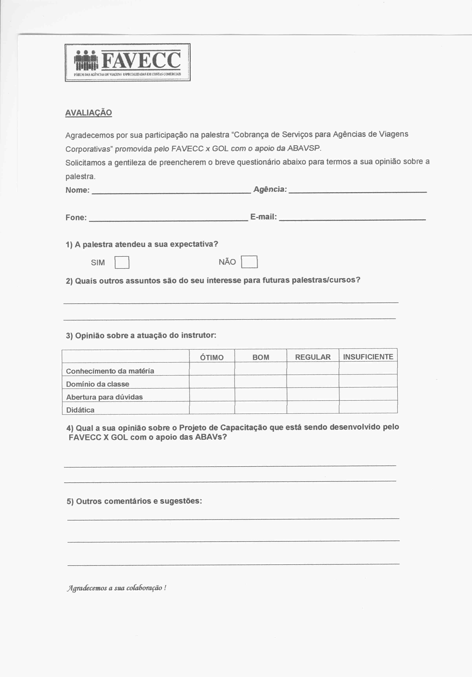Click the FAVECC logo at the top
[127, 62]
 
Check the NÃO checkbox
[249, 262]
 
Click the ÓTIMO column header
[212, 357]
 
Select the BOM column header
[261, 357]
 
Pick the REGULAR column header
[313, 357]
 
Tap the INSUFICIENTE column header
[368, 356]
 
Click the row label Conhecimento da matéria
[110, 371]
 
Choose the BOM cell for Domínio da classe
[261, 382]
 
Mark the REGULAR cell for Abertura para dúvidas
[313, 394]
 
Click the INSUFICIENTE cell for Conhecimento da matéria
[368, 368]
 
